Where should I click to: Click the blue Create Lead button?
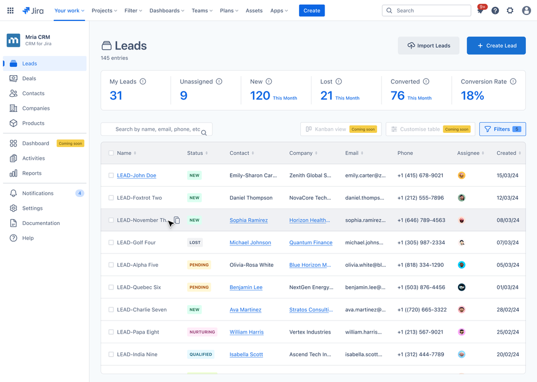(496, 46)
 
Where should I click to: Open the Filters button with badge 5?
(502, 129)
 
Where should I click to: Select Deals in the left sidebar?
(29, 79)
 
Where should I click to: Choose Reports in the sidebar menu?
(32, 173)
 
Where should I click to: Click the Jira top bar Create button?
(312, 10)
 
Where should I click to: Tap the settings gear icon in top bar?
(510, 10)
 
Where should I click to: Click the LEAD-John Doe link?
(137, 175)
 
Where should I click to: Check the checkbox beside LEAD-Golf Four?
(111, 243)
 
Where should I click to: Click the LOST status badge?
(195, 243)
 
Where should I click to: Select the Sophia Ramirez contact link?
(249, 220)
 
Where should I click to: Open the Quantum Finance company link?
(310, 243)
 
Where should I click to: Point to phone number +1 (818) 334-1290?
(420, 265)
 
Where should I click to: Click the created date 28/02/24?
(507, 310)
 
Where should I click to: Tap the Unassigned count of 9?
(183, 96)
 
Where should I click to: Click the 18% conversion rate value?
(472, 96)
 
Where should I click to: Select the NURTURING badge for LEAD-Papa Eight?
(202, 332)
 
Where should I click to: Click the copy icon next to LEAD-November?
(177, 220)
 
